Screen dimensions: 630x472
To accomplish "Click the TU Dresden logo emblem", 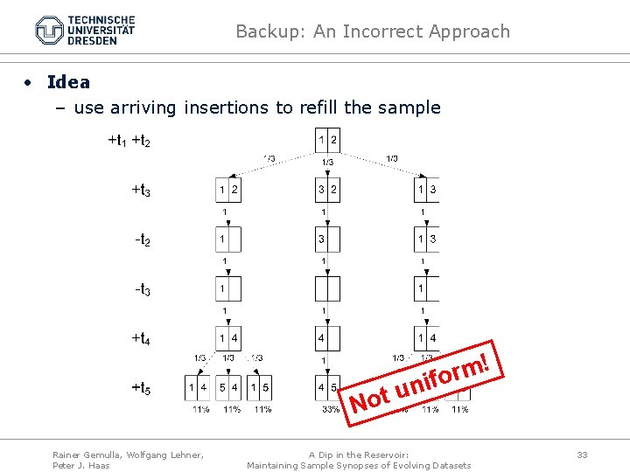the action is pyautogui.click(x=49, y=31).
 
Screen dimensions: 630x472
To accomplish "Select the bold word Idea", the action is pyautogui.click(x=68, y=82).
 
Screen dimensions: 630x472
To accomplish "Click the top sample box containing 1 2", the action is pyautogui.click(x=327, y=140).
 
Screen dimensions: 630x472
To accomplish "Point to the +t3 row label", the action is pyautogui.click(x=141, y=189).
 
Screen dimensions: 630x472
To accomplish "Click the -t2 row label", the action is pyautogui.click(x=142, y=239).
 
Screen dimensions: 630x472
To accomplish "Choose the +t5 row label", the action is pyautogui.click(x=141, y=387).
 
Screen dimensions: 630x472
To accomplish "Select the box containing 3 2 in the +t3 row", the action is pyautogui.click(x=327, y=190).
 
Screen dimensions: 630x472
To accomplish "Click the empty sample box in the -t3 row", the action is pyautogui.click(x=327, y=288).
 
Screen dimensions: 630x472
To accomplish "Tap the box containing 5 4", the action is pyautogui.click(x=228, y=387).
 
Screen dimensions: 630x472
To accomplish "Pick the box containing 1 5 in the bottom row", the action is pyautogui.click(x=260, y=387).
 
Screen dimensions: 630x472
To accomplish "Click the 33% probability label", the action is pyautogui.click(x=331, y=409).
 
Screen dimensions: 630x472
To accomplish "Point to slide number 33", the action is pyautogui.click(x=582, y=454).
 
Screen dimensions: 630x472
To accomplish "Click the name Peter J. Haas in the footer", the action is pyautogui.click(x=80, y=465).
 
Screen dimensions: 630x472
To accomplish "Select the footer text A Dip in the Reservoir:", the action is pyautogui.click(x=360, y=454).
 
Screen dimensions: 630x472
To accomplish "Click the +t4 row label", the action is pyautogui.click(x=141, y=337).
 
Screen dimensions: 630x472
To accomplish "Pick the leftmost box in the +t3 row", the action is pyautogui.click(x=228, y=190).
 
